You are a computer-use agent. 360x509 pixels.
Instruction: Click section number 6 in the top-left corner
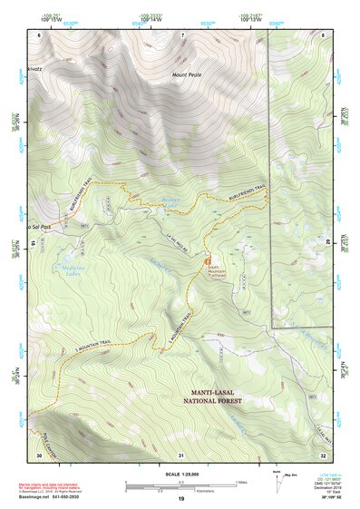click(39, 34)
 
